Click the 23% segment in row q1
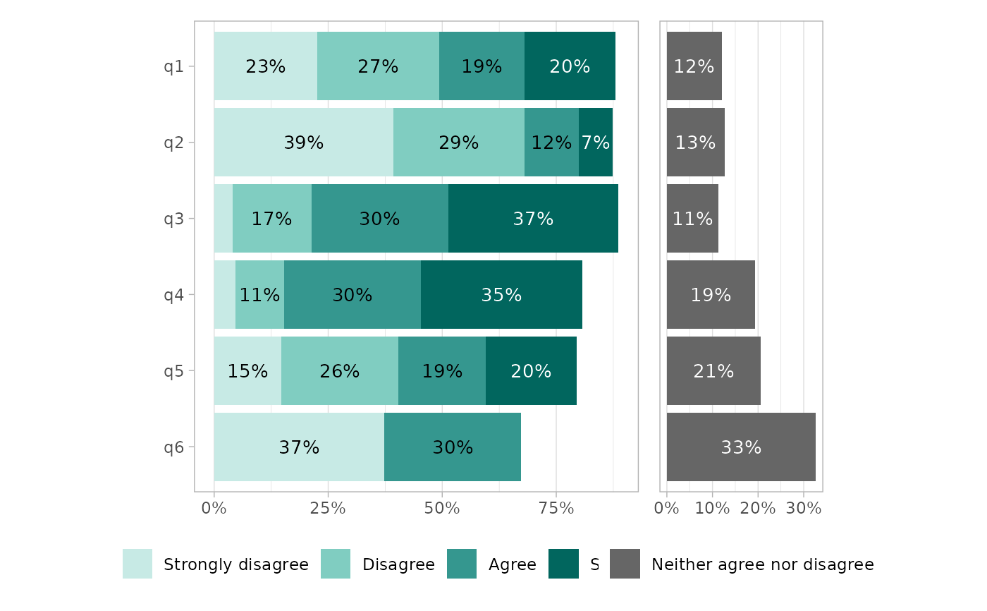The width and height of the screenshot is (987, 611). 265,66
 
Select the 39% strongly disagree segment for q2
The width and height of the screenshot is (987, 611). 303,143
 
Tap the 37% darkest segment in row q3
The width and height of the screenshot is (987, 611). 533,219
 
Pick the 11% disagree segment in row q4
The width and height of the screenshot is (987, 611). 259,295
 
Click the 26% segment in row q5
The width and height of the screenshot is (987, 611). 340,371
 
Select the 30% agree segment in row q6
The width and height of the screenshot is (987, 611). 453,447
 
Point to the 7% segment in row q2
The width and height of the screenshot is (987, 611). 596,143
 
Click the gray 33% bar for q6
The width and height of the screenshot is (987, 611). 741,447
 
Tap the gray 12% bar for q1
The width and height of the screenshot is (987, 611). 694,66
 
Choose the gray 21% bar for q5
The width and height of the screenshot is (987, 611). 713,371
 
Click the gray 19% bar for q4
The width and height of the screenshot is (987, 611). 711,295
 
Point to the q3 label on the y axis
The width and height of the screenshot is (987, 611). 174,219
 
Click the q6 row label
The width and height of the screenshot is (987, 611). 174,447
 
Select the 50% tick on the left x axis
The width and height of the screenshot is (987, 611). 442,508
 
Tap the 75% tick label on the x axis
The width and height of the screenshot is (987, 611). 556,508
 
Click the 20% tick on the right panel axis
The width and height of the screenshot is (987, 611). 758,508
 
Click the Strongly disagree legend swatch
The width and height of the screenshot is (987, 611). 137,564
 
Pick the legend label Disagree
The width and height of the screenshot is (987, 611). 398,564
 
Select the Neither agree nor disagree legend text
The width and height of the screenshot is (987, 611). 762,564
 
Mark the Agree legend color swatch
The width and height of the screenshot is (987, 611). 462,564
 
